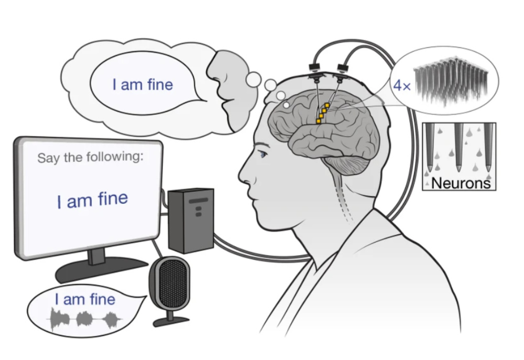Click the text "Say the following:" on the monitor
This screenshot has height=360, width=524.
[90, 157]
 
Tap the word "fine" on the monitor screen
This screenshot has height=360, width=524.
[113, 199]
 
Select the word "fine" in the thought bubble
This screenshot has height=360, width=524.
[160, 84]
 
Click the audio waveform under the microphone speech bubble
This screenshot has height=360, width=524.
[84, 319]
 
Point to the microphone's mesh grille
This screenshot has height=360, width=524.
[171, 283]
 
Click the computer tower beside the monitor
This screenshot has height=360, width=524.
[191, 220]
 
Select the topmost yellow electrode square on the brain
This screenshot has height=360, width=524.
[327, 106]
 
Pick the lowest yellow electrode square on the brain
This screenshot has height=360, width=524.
[318, 121]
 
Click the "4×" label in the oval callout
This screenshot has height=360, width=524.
[402, 86]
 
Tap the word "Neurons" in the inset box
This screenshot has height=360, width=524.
[461, 183]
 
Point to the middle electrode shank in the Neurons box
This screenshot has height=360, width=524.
[459, 147]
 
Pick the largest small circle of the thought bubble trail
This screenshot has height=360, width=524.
[254, 79]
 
